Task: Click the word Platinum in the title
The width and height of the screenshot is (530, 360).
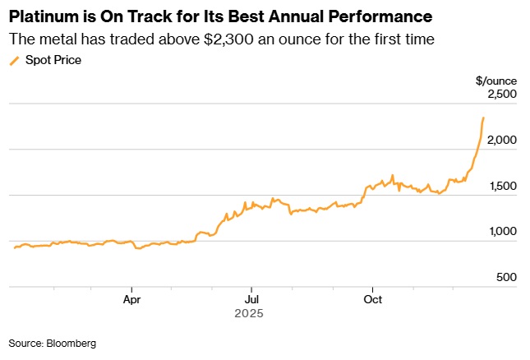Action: click(44, 16)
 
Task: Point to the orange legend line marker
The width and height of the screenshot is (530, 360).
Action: click(13, 60)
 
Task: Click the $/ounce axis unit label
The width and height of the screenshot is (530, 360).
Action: click(495, 80)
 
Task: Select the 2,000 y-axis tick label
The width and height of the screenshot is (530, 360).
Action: click(500, 141)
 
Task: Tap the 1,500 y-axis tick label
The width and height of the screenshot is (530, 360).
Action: click(500, 187)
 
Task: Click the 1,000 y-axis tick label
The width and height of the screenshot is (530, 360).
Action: click(500, 232)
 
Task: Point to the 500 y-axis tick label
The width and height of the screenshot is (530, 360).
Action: click(505, 278)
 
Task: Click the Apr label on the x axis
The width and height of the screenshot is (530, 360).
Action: click(133, 299)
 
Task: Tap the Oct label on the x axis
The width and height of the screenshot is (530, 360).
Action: click(373, 299)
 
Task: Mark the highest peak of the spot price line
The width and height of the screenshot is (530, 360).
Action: click(483, 118)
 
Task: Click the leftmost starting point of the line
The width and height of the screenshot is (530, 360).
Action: click(12, 248)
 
